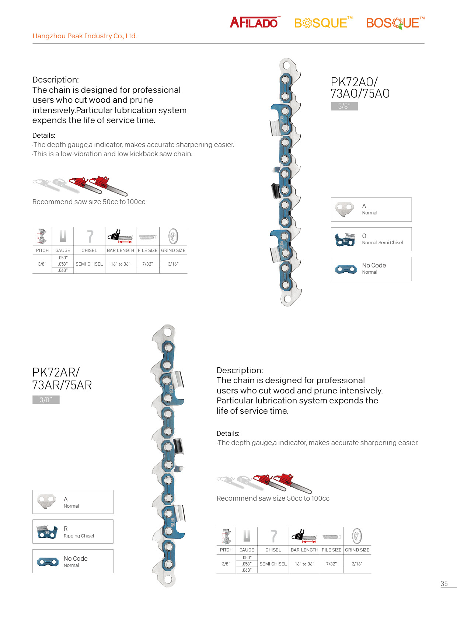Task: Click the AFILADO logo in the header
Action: pyautogui.click(x=254, y=22)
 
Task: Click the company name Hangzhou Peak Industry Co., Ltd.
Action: pyautogui.click(x=84, y=36)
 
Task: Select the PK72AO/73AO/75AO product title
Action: pyautogui.click(x=360, y=88)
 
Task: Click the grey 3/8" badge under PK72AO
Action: pyautogui.click(x=344, y=106)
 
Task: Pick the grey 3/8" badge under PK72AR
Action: pyautogui.click(x=46, y=400)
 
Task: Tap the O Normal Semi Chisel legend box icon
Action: pyautogui.click(x=345, y=240)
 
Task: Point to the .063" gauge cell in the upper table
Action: pyautogui.click(x=63, y=270)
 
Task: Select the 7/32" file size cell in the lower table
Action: pyautogui.click(x=331, y=564)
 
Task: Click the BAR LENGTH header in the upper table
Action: pyautogui.click(x=121, y=251)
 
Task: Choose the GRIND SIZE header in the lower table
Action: pyautogui.click(x=357, y=550)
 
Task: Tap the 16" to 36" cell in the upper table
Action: pyautogui.click(x=121, y=264)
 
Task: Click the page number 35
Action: pyautogui.click(x=444, y=584)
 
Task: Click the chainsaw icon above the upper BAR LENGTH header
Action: pyautogui.click(x=121, y=236)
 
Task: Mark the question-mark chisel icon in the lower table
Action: pyautogui.click(x=273, y=536)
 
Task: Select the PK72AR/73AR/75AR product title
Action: pyautogui.click(x=62, y=379)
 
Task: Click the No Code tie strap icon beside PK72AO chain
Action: pyautogui.click(x=346, y=269)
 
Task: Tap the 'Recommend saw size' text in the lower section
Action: pyautogui.click(x=273, y=498)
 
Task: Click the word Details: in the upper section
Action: pyautogui.click(x=44, y=136)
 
